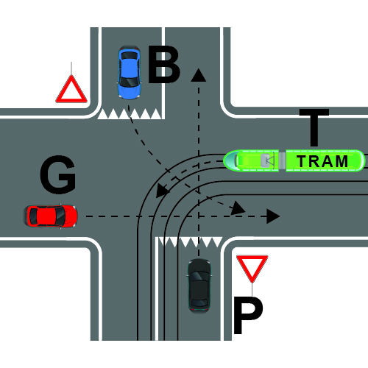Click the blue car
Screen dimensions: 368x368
[130, 72]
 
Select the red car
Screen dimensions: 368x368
[50, 216]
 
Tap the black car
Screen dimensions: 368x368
[199, 286]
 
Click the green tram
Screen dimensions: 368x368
[294, 160]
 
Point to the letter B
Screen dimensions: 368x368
[164, 64]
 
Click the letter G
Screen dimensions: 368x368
[58, 174]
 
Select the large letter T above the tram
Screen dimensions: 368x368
[314, 127]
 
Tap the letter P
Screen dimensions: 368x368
[248, 315]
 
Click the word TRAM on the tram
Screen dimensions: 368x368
[322, 161]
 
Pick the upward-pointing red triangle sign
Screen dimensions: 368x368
[71, 90]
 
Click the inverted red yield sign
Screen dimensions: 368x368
[252, 267]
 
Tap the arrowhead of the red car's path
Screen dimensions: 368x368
[273, 216]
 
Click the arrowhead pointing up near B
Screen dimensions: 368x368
[199, 75]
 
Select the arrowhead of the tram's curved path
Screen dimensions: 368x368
[163, 191]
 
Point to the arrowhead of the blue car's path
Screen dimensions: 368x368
[238, 208]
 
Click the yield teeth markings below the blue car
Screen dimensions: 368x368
[130, 114]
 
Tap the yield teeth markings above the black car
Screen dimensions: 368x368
[191, 242]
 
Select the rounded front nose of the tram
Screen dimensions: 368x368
[230, 160]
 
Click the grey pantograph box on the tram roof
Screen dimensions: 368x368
[265, 160]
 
